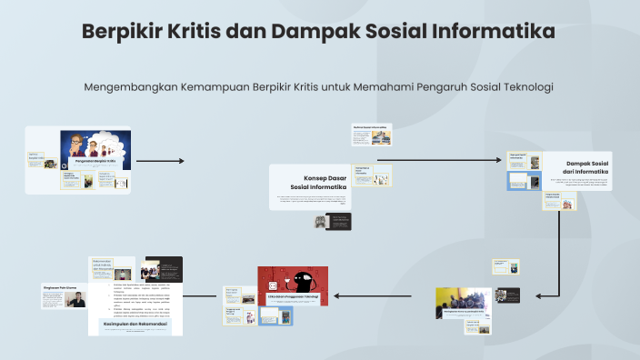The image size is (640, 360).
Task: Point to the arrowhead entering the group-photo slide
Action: click(x=540, y=295)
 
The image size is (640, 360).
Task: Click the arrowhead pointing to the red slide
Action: click(x=337, y=295)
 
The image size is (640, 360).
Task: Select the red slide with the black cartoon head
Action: click(x=292, y=284)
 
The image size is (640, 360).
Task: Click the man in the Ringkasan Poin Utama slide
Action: click(x=79, y=301)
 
